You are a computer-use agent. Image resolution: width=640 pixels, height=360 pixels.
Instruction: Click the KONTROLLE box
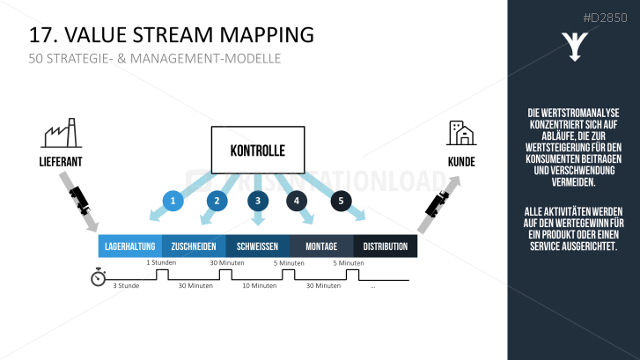pos(257,150)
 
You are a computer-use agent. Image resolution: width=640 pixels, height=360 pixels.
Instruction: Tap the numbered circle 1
pos(173,202)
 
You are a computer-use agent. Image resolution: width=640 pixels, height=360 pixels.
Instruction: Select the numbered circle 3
pos(258,202)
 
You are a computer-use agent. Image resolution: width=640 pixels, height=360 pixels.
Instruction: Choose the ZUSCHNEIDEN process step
pos(194,246)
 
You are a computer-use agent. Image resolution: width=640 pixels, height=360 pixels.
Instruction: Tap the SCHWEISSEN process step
pos(258,246)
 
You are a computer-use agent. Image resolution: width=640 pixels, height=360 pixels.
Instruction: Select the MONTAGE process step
pos(321,246)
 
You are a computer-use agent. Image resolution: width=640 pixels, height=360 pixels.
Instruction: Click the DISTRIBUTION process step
pos(386,246)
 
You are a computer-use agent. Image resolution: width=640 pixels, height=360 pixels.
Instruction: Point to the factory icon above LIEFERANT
pos(60,134)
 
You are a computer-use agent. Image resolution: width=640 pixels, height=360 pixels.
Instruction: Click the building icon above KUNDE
pos(460,133)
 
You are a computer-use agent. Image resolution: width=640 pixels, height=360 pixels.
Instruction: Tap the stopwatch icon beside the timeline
pos(99,278)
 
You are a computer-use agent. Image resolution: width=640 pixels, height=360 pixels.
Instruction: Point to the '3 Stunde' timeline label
pos(127,285)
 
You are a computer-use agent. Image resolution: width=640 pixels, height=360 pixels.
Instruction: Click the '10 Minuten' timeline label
pos(258,285)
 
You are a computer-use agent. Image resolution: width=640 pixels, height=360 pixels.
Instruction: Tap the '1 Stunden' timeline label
pos(161,262)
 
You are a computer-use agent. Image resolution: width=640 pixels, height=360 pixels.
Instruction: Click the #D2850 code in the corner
pos(605,17)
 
